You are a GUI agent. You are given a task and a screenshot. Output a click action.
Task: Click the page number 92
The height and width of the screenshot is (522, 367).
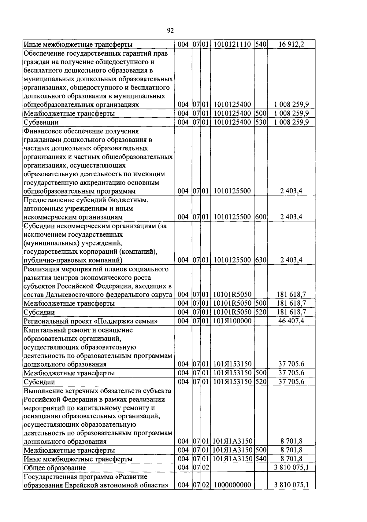(170, 30)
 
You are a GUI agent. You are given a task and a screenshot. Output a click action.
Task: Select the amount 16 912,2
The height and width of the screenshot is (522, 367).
(291, 45)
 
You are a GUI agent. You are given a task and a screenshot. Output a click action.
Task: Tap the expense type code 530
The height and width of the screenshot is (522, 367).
(261, 122)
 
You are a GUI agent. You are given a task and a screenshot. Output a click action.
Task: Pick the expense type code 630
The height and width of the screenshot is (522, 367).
(261, 260)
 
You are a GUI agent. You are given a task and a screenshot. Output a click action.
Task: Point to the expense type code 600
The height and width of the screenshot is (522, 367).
(261, 217)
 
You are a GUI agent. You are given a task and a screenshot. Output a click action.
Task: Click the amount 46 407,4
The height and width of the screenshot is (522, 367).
(291, 321)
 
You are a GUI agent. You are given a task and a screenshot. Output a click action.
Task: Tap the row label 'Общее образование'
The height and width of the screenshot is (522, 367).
(55, 468)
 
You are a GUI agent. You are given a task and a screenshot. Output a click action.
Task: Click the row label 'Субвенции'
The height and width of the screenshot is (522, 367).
(41, 122)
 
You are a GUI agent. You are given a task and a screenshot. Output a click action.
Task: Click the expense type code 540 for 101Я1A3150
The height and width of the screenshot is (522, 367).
(261, 459)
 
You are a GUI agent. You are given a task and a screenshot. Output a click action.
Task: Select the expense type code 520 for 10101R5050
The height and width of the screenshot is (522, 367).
(261, 312)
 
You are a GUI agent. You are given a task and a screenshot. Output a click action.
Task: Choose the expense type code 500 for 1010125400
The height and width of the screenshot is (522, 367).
(261, 113)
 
